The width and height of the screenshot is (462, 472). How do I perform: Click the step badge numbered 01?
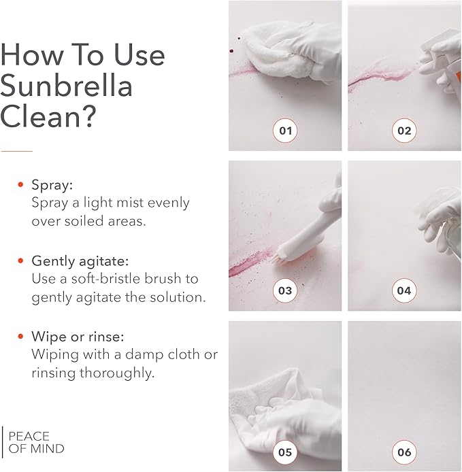(x=285, y=130)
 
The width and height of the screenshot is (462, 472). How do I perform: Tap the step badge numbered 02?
(x=404, y=130)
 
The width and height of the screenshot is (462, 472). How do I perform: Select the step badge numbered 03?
(x=285, y=291)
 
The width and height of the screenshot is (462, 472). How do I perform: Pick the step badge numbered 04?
(x=404, y=291)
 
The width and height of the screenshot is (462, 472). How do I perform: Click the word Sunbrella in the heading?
(x=66, y=86)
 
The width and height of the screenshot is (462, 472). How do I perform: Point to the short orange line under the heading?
(x=16, y=150)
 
